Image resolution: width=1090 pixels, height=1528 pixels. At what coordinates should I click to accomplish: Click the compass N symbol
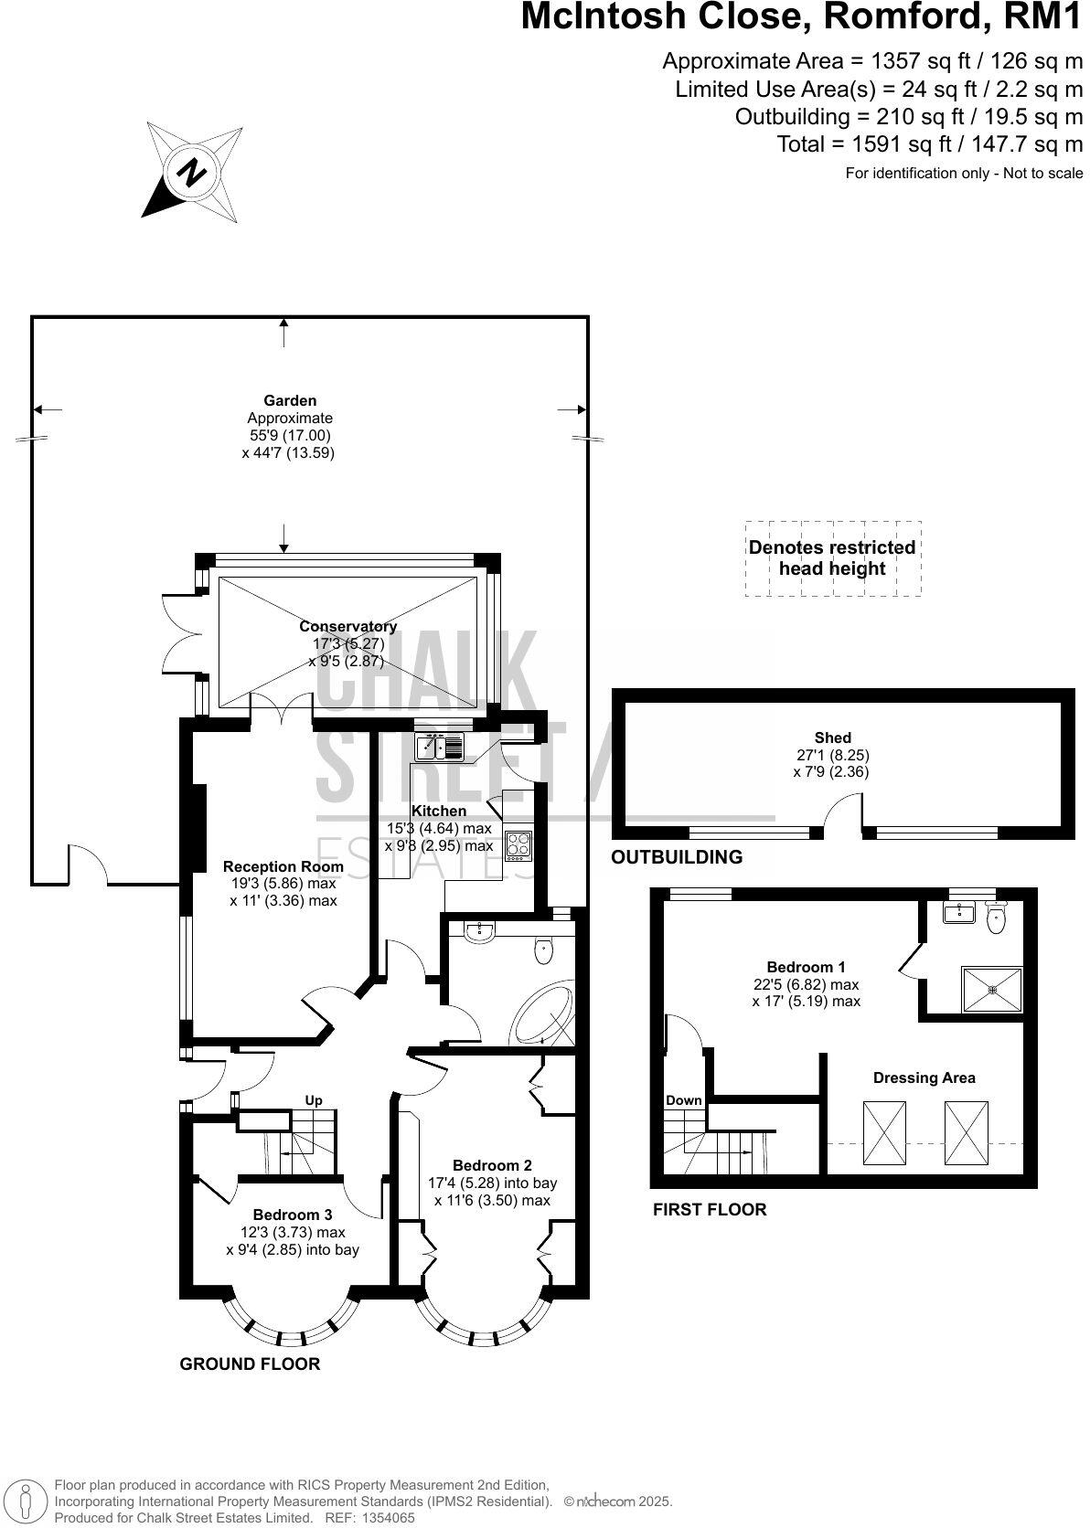click(x=192, y=171)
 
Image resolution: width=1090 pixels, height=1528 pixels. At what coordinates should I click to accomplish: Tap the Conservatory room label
click(x=348, y=626)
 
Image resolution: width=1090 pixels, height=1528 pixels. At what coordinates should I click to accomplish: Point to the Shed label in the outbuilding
click(x=832, y=737)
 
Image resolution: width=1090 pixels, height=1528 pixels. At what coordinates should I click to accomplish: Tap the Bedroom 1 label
click(x=806, y=967)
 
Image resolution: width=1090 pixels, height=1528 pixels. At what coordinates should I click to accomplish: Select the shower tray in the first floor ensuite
click(x=991, y=989)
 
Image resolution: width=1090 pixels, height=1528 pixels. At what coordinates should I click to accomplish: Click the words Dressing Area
click(x=924, y=1077)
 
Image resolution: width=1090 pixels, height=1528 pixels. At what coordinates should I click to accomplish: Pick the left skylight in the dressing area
click(x=884, y=1133)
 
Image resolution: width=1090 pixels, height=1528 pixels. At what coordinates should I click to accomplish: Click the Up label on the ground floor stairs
click(x=314, y=1100)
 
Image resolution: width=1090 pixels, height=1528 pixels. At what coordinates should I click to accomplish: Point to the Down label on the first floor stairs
click(x=683, y=1100)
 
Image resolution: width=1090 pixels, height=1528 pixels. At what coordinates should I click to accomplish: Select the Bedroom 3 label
click(x=292, y=1215)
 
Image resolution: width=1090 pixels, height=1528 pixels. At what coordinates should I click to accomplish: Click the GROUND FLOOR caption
click(x=250, y=1364)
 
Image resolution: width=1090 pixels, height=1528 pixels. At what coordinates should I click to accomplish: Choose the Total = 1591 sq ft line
click(x=929, y=144)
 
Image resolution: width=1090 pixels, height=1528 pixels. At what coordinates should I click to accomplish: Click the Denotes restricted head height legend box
click(x=832, y=558)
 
